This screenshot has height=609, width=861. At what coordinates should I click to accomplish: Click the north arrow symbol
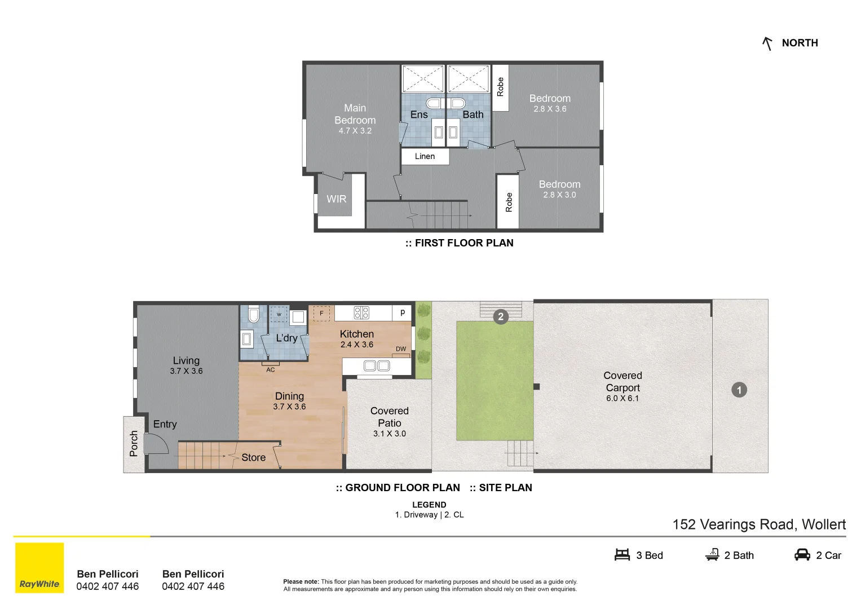pyautogui.click(x=767, y=43)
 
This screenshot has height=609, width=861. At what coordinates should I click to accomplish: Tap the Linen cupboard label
pyautogui.click(x=425, y=157)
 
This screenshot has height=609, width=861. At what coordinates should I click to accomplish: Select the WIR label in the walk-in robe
pyautogui.click(x=336, y=199)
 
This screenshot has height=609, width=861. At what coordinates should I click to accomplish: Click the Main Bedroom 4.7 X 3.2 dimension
pyautogui.click(x=355, y=131)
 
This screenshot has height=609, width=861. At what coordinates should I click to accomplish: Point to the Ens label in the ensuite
pyautogui.click(x=418, y=114)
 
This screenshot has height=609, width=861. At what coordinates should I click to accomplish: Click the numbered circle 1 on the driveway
pyautogui.click(x=739, y=390)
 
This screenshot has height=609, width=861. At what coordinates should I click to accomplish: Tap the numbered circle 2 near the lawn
pyautogui.click(x=501, y=317)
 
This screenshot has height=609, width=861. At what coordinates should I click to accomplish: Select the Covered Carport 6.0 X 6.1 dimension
pyautogui.click(x=622, y=398)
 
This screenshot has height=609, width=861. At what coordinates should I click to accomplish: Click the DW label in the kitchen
pyautogui.click(x=401, y=348)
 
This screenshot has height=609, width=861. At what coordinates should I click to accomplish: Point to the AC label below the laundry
pyautogui.click(x=271, y=370)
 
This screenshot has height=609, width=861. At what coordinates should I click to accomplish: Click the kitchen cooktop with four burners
pyautogui.click(x=361, y=313)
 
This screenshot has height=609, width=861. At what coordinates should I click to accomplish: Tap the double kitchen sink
pyautogui.click(x=377, y=365)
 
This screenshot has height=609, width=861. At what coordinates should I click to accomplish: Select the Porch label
pyautogui.click(x=134, y=444)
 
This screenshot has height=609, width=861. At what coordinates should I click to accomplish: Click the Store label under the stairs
pyautogui.click(x=253, y=457)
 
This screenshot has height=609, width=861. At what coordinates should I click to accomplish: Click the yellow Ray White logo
pyautogui.click(x=39, y=568)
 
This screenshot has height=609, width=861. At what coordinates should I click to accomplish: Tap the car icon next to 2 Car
pyautogui.click(x=802, y=554)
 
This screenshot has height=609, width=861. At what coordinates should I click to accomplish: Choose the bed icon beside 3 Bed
pyautogui.click(x=622, y=554)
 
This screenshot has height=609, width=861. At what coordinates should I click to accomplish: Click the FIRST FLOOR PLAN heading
pyautogui.click(x=460, y=243)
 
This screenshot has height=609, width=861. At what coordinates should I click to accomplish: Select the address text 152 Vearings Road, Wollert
pyautogui.click(x=759, y=525)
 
